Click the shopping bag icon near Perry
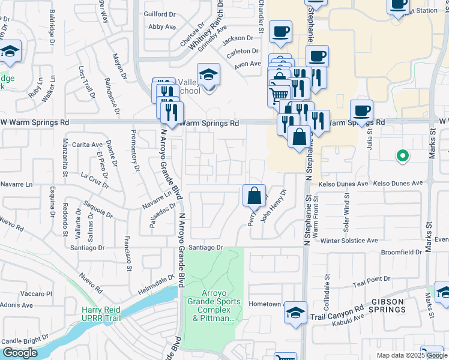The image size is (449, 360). tap(255, 196)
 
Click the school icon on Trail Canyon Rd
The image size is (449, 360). tap(295, 313)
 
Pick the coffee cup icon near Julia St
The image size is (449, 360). tap(361, 111)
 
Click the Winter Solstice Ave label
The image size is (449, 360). tap(349, 241)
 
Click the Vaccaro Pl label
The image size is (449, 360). tap(37, 294)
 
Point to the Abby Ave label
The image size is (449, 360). tap(161, 26)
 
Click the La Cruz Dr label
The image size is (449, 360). tap(94, 178)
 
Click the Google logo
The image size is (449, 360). tap(20, 353)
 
